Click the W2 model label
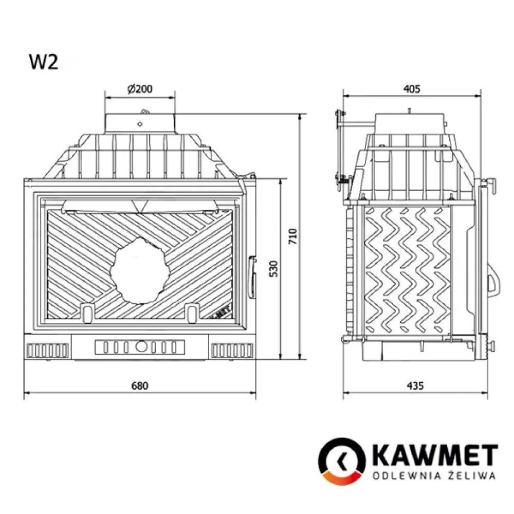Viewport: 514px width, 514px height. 43,62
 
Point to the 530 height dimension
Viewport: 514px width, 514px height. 273,268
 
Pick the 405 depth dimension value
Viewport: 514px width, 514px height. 412,88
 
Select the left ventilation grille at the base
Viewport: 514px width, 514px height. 47,351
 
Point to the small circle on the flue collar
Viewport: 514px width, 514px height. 140,123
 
